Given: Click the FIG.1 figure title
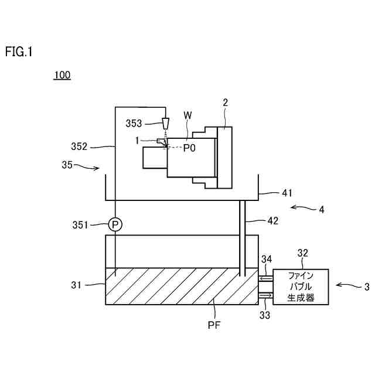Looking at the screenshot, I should point(19,52).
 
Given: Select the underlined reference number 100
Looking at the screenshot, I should point(62,76).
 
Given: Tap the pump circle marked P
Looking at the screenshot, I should point(115,224).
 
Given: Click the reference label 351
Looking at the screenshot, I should point(96,224).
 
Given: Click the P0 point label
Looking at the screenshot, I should point(189,148).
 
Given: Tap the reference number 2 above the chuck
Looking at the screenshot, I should point(225,102).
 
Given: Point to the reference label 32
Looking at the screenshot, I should point(303,254).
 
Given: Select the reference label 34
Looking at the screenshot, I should point(267,259).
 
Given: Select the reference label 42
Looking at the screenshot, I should point(272,221).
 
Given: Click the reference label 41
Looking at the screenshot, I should point(271,192).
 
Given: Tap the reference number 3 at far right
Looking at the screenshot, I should point(367,287).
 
